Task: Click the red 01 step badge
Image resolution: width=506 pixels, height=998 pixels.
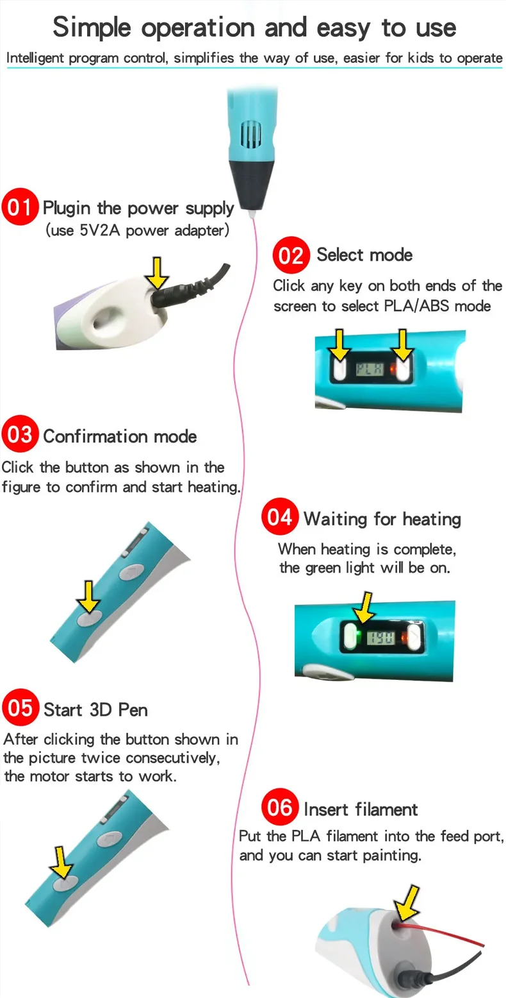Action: point(19,208)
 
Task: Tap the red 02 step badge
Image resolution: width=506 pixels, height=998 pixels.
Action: point(291,255)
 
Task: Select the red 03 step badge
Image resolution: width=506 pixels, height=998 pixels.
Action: point(20,436)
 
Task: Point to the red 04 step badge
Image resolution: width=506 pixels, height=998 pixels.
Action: point(280,517)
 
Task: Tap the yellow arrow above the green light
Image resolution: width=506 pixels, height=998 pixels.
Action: point(364,607)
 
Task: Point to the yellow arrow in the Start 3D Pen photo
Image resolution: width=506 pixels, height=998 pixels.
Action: point(62,861)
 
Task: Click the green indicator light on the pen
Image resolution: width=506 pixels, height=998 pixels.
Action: point(359,638)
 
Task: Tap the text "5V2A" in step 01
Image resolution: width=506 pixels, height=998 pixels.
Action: point(100,230)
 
